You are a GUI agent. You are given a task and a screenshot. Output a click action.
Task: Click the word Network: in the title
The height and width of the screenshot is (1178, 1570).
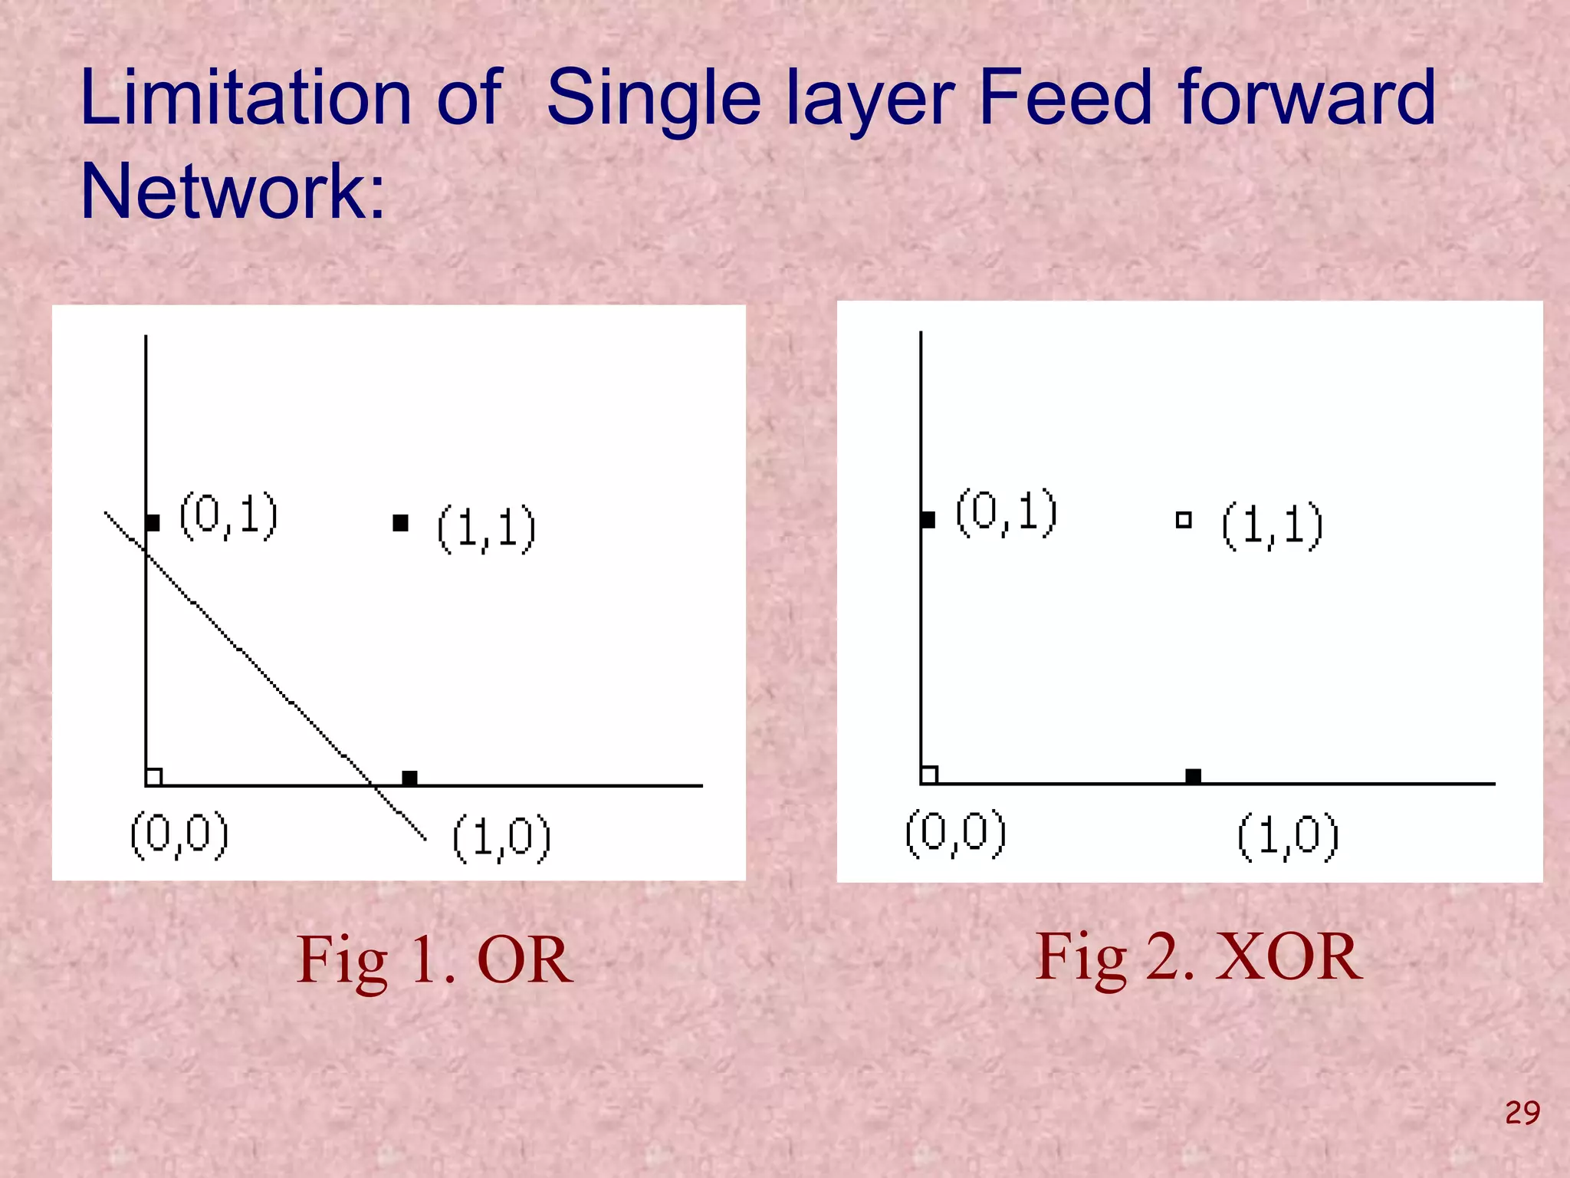(232, 192)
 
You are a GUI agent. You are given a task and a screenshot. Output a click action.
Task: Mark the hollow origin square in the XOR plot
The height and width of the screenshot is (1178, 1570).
(929, 775)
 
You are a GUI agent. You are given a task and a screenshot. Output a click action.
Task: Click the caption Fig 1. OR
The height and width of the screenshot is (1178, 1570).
(434, 960)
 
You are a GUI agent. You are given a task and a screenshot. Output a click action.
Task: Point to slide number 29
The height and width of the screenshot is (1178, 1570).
(1522, 1113)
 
